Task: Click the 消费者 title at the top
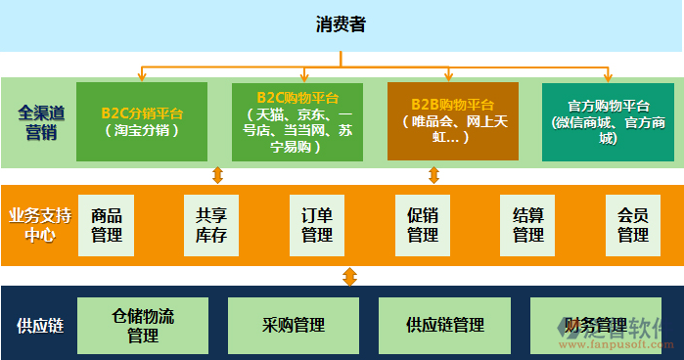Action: tap(341, 24)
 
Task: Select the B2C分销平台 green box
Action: tap(142, 121)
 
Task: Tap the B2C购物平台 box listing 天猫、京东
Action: tap(297, 121)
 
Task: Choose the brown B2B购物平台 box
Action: tap(452, 121)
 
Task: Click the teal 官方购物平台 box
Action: tap(608, 121)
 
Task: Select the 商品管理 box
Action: tap(107, 225)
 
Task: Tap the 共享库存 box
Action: tap(211, 225)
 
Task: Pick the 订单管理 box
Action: tap(317, 225)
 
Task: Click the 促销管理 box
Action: tap(423, 225)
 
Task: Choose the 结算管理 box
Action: tap(527, 225)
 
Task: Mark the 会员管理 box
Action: tap(633, 225)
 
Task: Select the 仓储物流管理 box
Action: tap(143, 326)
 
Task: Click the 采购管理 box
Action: tap(294, 326)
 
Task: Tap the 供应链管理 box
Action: tap(445, 326)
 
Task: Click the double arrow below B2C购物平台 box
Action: tap(218, 175)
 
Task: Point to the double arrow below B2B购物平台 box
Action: tap(434, 175)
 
